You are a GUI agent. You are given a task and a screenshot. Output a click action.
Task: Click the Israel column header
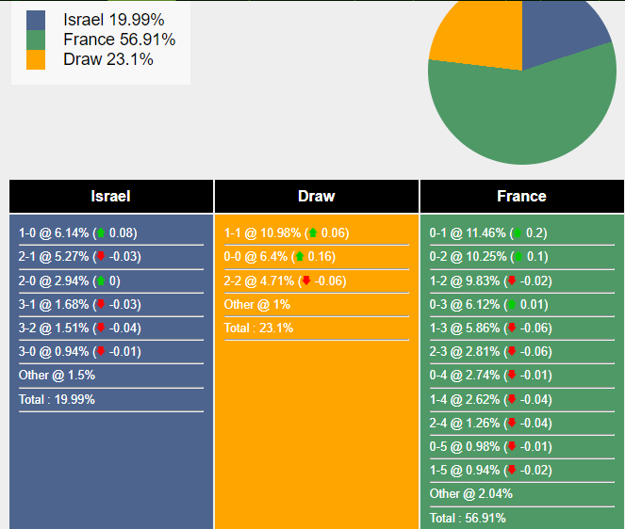point(111,197)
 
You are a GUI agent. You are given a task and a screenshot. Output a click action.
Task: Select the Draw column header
point(316,197)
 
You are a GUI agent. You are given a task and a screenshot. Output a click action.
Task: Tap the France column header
point(521,197)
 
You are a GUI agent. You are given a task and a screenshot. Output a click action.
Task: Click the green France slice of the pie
point(528,113)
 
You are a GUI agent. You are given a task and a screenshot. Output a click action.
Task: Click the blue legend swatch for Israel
point(36,20)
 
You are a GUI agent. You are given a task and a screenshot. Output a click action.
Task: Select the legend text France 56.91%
point(119,40)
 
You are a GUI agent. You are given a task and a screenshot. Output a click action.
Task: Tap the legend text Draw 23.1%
point(108,59)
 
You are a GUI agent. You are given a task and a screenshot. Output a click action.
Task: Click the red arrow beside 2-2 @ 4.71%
point(305,281)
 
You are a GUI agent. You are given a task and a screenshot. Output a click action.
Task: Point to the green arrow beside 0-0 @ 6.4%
point(299,257)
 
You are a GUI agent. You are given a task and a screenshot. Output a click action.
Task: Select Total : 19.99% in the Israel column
point(57,399)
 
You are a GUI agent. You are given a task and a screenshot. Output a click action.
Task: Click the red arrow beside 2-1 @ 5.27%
point(100,257)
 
